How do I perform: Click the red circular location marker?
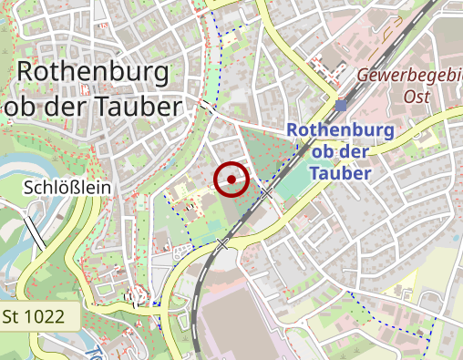click(x=231, y=180)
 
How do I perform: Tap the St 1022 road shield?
click(x=33, y=317)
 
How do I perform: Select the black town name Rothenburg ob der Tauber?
click(x=93, y=89)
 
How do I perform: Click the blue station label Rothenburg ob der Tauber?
click(x=340, y=151)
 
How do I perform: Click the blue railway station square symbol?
click(x=340, y=105)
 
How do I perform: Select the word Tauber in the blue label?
click(x=340, y=173)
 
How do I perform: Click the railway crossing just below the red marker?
click(x=267, y=193)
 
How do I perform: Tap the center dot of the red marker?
click(x=231, y=180)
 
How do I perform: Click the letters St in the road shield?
click(x=13, y=317)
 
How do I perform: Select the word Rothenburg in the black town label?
click(x=93, y=72)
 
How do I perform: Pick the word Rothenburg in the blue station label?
click(x=340, y=130)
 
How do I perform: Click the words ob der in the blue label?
click(x=340, y=151)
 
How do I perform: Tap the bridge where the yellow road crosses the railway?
click(x=223, y=243)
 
